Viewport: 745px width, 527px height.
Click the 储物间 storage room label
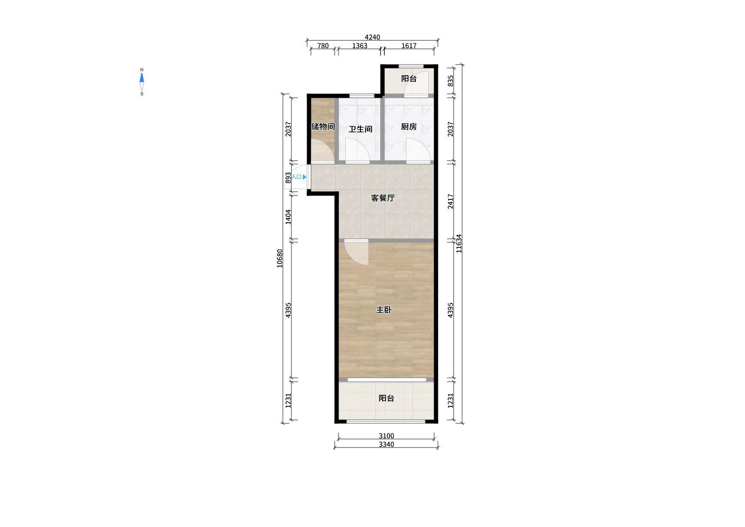323,127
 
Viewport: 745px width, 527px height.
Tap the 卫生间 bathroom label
360,129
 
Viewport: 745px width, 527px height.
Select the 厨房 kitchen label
409,127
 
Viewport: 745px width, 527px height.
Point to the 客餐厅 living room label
383,198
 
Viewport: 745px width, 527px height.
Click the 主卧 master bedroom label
384,310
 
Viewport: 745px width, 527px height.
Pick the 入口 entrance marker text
296,177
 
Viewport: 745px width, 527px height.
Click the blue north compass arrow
142,78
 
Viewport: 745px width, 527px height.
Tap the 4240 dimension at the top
372,37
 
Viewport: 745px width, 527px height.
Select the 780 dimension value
323,46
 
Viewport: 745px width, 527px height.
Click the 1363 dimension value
359,46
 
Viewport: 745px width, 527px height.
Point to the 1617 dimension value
409,46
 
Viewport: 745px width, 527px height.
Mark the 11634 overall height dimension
459,244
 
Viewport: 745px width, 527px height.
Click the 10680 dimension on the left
279,258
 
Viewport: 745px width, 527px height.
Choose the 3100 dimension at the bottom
386,436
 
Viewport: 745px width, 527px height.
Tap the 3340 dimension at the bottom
386,445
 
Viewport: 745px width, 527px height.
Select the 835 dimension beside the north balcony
451,81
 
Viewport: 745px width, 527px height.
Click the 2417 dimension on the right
451,201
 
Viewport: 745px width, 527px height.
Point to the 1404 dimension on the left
288,217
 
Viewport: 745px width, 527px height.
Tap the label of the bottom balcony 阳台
386,398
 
